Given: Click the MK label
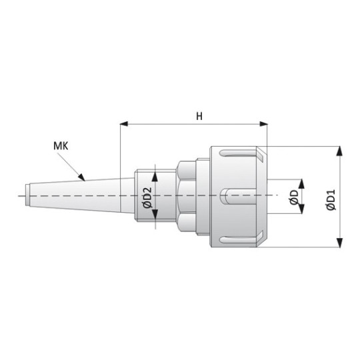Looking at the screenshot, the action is click(x=61, y=146).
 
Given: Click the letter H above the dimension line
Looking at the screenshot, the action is click(x=199, y=117).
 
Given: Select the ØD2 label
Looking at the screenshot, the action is click(x=147, y=197).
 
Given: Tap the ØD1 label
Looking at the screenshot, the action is click(x=331, y=199).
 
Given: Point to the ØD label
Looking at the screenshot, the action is click(x=295, y=197).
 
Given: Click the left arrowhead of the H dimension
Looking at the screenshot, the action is click(x=124, y=124).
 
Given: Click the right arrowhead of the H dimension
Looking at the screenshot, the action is click(x=263, y=124).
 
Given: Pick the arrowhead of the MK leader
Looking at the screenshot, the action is click(x=82, y=177).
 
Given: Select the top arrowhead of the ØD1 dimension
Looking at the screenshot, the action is click(x=340, y=151).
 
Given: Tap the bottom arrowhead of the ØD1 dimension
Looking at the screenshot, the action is click(x=340, y=243).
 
